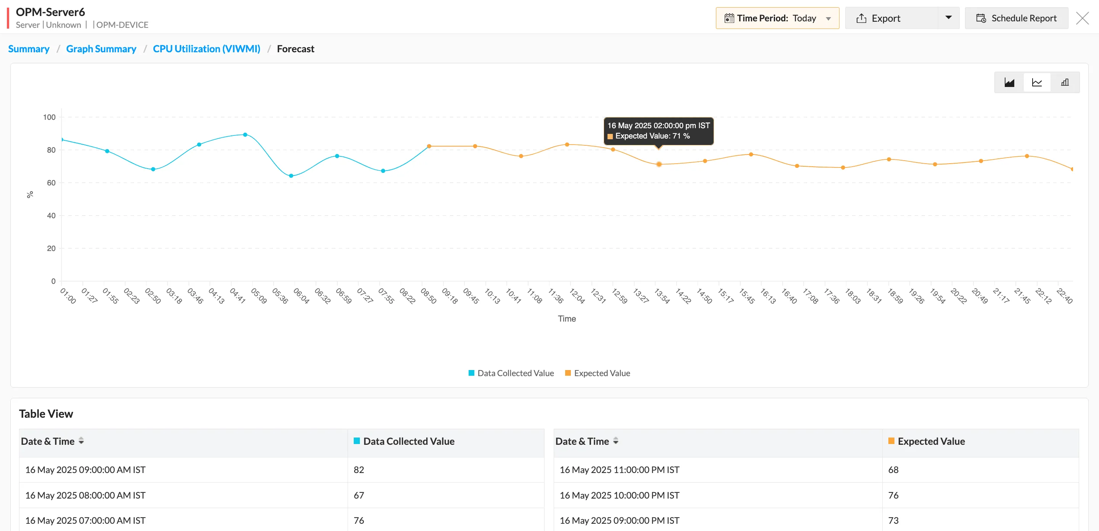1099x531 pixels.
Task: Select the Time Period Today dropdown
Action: [777, 18]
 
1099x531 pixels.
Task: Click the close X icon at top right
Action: [1082, 18]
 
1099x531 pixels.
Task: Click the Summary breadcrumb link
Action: [29, 49]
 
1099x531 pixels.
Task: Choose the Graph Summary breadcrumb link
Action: [101, 49]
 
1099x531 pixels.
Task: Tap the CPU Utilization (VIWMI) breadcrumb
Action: [206, 49]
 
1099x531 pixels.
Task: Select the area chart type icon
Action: [1009, 83]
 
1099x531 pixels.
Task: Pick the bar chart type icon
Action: [1065, 83]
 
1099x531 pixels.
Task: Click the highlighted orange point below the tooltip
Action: [659, 164]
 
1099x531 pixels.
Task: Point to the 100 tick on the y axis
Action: [50, 117]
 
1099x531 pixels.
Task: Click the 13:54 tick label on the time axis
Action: [662, 296]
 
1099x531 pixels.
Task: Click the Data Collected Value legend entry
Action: [511, 373]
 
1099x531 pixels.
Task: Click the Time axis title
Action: [567, 319]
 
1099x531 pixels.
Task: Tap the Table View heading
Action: [46, 414]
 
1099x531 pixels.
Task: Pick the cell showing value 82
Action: [359, 470]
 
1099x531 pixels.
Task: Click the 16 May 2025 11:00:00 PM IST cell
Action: [619, 470]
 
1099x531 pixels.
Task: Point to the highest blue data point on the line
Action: [245, 135]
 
